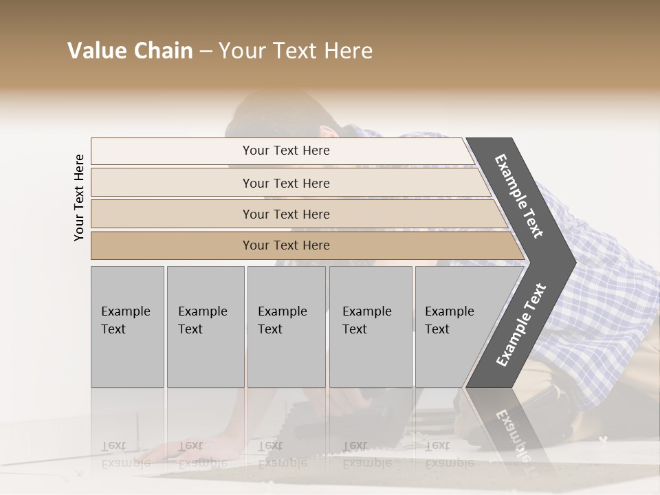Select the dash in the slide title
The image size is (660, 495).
(x=206, y=52)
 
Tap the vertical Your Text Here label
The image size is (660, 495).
(x=79, y=198)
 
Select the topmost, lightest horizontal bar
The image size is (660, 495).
(x=285, y=151)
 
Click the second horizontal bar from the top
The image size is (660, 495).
(x=285, y=183)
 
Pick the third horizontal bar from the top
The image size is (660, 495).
(x=285, y=214)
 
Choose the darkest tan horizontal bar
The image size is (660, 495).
(x=285, y=245)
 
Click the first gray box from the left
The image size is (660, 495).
(x=127, y=327)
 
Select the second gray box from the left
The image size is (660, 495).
(x=205, y=327)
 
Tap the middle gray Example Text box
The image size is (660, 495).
(x=286, y=327)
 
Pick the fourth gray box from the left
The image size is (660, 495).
(x=371, y=327)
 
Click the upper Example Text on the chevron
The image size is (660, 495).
(x=519, y=196)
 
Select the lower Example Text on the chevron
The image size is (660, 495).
(x=521, y=324)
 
